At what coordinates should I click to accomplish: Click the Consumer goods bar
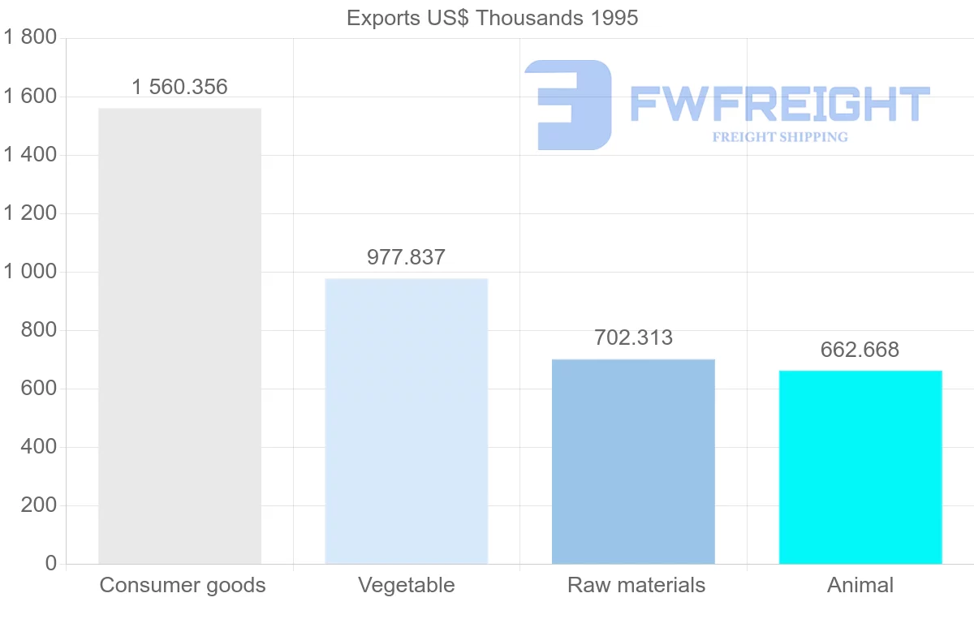coord(179,336)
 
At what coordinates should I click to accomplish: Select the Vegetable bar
coord(406,421)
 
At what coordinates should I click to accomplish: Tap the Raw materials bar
coord(633,461)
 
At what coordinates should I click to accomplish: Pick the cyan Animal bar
coord(860,466)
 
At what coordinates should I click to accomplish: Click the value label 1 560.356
coord(179,87)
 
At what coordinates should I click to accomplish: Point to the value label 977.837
coord(406,257)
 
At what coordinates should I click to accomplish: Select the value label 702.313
coord(633,337)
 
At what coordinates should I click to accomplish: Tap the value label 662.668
coord(860,350)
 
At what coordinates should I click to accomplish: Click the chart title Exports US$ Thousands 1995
coord(492,18)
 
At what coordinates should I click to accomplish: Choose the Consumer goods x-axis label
coord(183,585)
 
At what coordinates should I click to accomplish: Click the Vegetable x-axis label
coord(406,585)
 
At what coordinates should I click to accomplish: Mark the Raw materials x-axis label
coord(636,585)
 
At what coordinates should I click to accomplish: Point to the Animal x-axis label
coord(860,585)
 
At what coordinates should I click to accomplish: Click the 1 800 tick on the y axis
coord(30,37)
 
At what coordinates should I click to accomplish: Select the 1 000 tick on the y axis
coord(30,271)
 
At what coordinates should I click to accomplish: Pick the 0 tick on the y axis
coord(51,563)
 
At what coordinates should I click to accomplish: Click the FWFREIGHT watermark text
coord(779,104)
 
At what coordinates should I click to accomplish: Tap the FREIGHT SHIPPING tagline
coord(779,137)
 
